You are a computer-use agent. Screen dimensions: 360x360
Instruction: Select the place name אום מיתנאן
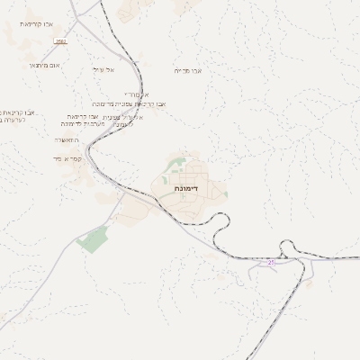point(43,65)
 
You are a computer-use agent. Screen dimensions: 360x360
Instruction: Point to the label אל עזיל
point(103,69)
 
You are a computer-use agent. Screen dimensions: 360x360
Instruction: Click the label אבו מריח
point(188,69)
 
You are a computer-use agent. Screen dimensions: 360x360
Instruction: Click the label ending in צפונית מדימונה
point(142,104)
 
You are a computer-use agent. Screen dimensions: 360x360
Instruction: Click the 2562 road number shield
point(60,41)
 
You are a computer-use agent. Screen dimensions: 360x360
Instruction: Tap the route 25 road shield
point(271,262)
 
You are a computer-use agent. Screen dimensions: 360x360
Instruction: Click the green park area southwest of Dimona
point(93,238)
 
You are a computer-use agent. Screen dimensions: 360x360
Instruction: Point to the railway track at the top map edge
point(102,3)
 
